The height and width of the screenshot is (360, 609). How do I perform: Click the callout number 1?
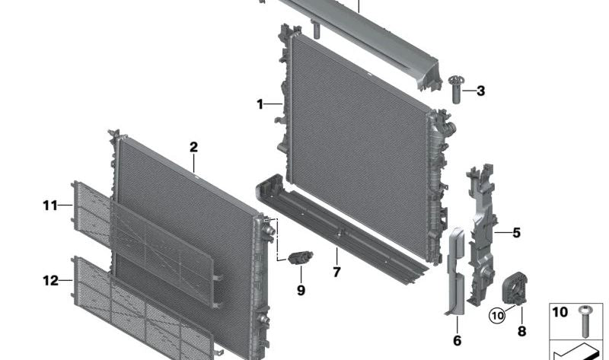pyautogui.click(x=260, y=104)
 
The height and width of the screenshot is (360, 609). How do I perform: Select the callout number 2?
pyautogui.click(x=194, y=147)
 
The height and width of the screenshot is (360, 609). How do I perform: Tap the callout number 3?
pyautogui.click(x=480, y=91)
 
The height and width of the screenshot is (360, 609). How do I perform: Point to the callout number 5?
pyautogui.click(x=516, y=232)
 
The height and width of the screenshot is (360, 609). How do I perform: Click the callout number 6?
pyautogui.click(x=457, y=340)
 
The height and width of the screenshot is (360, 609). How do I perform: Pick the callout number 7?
pyautogui.click(x=336, y=272)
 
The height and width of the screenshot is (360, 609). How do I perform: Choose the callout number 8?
pyautogui.click(x=521, y=331)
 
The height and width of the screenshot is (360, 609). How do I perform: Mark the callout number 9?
pyautogui.click(x=301, y=290)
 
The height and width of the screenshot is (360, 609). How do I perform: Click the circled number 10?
pyautogui.click(x=496, y=314)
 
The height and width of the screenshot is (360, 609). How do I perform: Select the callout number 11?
pyautogui.click(x=50, y=205)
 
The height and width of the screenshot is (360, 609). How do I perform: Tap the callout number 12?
pyautogui.click(x=50, y=281)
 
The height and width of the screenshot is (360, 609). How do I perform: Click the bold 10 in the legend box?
pyautogui.click(x=560, y=312)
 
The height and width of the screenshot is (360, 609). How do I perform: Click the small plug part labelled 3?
pyautogui.click(x=458, y=90)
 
